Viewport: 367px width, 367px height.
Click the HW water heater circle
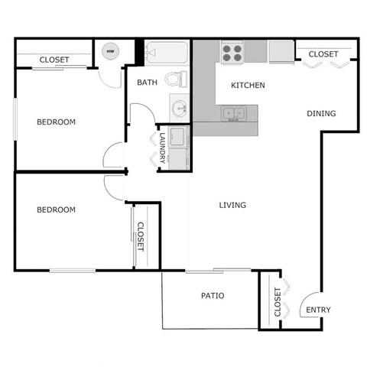tap(110, 51)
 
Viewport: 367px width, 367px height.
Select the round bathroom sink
tap(179, 106)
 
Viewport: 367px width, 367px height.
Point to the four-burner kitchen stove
tap(232, 52)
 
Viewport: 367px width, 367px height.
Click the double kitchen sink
tap(234, 115)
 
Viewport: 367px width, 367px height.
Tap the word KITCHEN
tap(248, 85)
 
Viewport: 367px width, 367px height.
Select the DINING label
tap(321, 114)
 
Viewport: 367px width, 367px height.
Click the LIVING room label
tap(232, 205)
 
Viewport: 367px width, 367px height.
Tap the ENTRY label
tap(318, 310)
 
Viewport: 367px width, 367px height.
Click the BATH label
tap(147, 82)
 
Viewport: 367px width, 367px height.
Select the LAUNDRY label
tap(162, 148)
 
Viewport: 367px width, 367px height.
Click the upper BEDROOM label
tap(57, 122)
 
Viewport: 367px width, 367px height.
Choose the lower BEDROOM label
tap(57, 209)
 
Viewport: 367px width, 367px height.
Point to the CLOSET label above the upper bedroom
tap(54, 60)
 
